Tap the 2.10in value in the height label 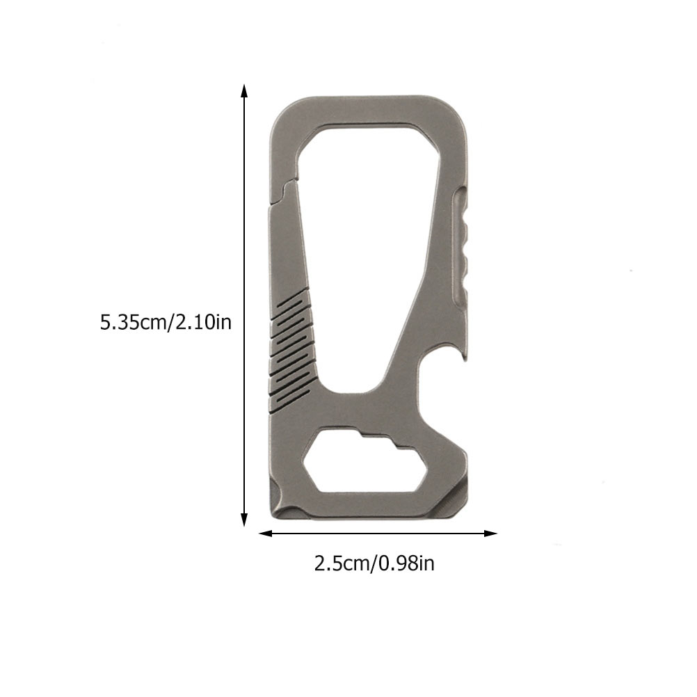pos(202,323)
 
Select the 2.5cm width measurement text pos(342,563)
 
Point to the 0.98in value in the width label pos(407,563)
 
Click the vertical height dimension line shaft pos(243,306)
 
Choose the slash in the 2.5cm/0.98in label pos(373,563)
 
